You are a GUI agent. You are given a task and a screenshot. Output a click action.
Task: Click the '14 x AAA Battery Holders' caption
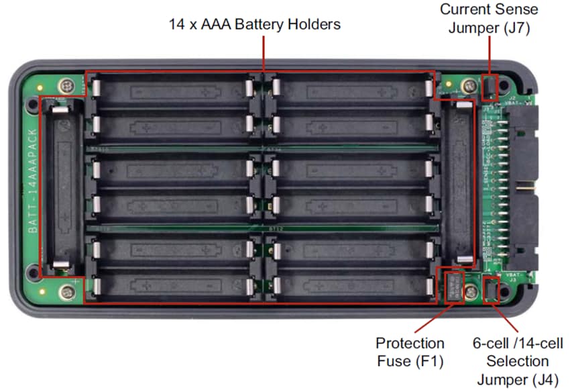point(255,24)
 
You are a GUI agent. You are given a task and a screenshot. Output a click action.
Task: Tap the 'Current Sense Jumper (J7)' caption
point(489,19)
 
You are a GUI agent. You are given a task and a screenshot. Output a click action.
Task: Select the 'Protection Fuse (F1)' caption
point(410,352)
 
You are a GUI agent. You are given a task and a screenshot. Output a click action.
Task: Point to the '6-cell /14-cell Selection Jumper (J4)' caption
point(517,361)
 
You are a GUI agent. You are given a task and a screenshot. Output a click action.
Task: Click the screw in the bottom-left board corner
point(66,291)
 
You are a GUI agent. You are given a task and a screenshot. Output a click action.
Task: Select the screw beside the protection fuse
point(472,291)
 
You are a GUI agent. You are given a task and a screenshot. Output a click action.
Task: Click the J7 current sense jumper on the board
point(490,87)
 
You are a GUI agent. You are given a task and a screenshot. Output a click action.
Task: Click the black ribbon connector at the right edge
point(522,184)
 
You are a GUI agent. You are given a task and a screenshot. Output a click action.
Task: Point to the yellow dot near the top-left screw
point(42,87)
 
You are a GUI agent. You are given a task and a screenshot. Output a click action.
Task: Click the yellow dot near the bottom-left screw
point(42,291)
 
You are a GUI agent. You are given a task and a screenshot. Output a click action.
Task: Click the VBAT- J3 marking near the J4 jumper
point(514,276)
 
